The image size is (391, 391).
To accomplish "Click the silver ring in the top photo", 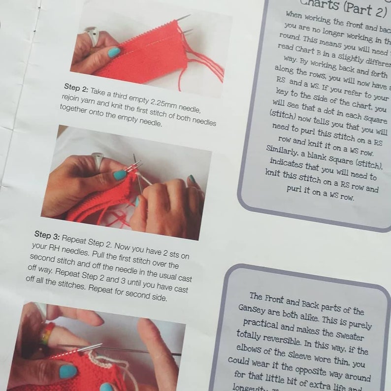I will pos(92,36).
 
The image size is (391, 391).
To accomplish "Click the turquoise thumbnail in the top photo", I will pos(113,52).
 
